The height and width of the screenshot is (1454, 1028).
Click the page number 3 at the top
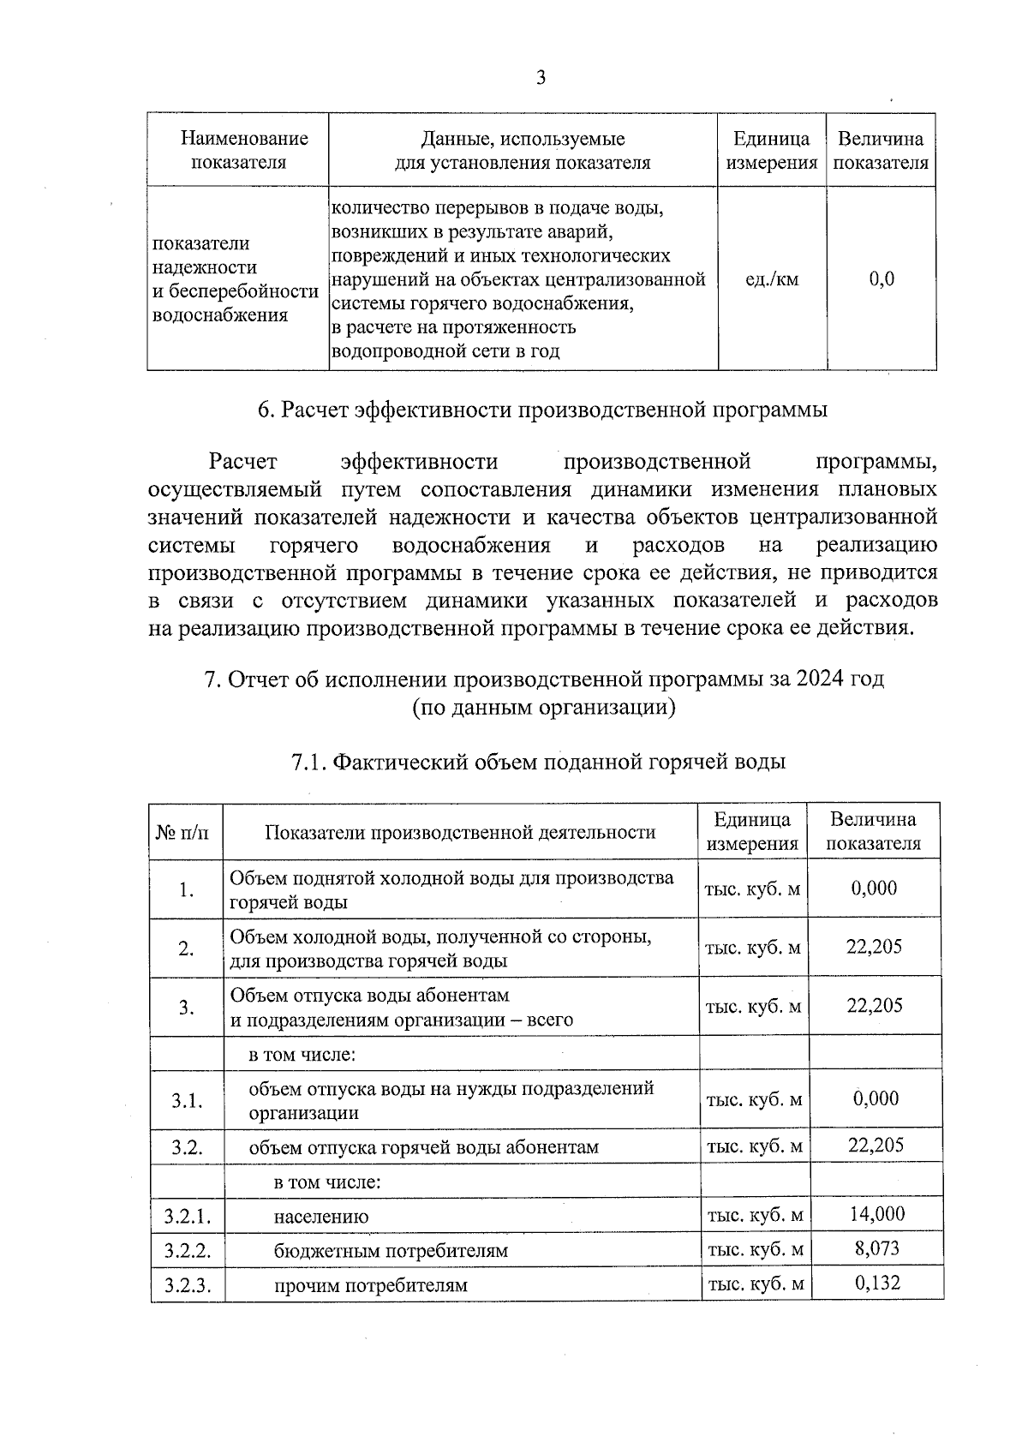tap(541, 78)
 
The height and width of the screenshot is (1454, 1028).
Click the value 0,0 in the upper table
tap(881, 278)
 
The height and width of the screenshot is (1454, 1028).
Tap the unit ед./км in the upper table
tap(772, 278)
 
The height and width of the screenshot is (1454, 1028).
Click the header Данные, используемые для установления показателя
tap(523, 150)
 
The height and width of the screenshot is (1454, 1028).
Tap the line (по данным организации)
tap(542, 708)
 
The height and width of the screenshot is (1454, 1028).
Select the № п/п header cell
tap(186, 832)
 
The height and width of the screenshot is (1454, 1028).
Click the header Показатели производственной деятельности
tap(460, 832)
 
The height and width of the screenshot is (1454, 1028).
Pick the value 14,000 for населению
tap(876, 1213)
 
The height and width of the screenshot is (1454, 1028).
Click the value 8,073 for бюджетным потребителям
tap(876, 1248)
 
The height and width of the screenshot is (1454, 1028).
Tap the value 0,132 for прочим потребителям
tap(876, 1282)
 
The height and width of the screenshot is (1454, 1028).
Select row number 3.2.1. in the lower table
tap(187, 1216)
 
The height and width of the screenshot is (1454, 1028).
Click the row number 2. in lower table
tap(186, 949)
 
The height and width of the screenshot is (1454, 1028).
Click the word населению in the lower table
tap(321, 1217)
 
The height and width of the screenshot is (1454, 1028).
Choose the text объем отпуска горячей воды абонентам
tap(423, 1147)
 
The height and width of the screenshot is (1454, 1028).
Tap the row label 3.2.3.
tap(187, 1285)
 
